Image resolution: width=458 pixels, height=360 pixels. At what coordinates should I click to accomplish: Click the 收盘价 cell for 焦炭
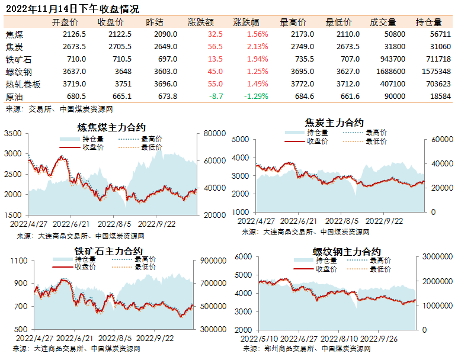(x=120, y=47)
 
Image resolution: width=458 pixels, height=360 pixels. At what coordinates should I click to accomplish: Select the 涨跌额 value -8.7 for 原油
(x=216, y=97)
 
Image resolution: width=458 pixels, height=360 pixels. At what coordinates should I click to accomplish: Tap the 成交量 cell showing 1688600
(x=390, y=72)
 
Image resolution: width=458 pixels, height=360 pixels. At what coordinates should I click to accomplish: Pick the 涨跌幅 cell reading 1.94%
(x=257, y=59)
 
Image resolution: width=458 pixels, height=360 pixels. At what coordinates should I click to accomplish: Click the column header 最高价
(x=293, y=22)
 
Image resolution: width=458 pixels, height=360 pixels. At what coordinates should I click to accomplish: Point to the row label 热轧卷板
(x=23, y=85)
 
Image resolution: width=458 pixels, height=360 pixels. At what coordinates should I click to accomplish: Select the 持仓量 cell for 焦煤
(x=440, y=34)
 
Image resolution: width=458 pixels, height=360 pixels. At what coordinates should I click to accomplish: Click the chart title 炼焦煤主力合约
(x=111, y=127)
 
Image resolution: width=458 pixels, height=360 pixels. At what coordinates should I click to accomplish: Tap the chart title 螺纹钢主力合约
(x=347, y=252)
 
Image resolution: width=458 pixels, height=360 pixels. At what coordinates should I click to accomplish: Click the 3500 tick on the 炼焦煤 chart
(x=13, y=133)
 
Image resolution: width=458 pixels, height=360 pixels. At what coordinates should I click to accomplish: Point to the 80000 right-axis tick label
(x=214, y=133)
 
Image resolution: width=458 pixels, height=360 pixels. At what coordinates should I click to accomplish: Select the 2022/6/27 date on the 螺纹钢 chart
(x=299, y=339)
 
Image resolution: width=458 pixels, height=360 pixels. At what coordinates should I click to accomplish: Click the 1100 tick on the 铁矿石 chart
(x=19, y=261)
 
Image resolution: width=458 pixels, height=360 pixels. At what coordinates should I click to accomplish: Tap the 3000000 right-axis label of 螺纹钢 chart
(x=437, y=256)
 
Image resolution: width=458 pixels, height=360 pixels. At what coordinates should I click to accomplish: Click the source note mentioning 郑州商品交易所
(x=307, y=349)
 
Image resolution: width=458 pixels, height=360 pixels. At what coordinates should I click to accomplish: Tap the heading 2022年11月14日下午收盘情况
(x=72, y=9)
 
